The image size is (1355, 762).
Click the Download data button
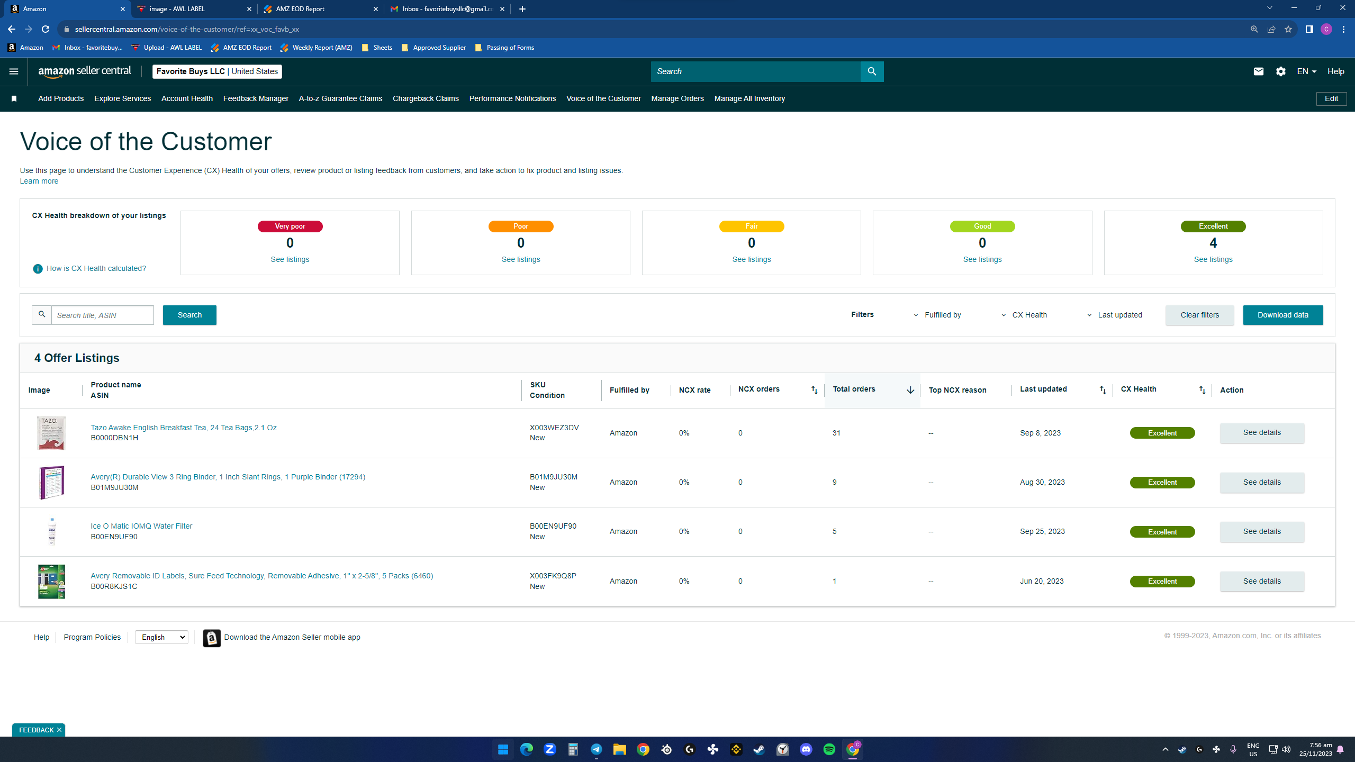point(1282,315)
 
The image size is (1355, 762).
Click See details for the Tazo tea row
point(1262,433)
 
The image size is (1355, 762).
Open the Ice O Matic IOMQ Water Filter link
point(141,526)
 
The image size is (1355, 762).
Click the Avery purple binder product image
point(51,482)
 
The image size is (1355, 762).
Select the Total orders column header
point(854,389)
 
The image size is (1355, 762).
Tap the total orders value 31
point(836,433)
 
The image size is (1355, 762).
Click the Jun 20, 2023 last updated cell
point(1042,581)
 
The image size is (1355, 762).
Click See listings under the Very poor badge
point(290,259)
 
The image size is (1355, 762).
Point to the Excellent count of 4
point(1213,243)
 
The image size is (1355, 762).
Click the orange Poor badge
point(521,226)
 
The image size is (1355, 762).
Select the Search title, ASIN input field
point(103,315)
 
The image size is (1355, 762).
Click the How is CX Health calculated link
point(96,268)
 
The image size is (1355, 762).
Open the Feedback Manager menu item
point(256,98)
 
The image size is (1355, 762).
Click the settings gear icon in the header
point(1280,71)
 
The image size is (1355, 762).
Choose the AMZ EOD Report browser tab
point(320,9)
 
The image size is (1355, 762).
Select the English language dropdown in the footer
point(161,637)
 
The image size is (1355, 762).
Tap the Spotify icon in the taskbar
point(829,749)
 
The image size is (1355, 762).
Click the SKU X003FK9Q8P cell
point(553,576)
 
